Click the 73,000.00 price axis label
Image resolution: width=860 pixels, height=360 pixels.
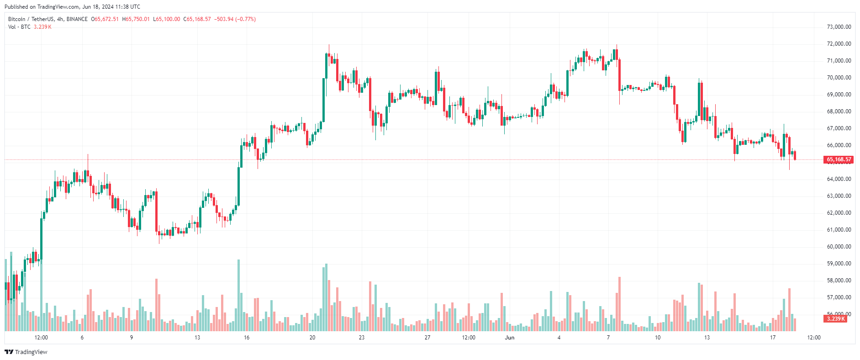839,27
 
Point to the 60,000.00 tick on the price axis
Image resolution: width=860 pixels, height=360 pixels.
839,247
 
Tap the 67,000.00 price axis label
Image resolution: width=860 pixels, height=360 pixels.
839,128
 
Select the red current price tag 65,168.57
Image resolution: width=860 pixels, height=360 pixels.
839,159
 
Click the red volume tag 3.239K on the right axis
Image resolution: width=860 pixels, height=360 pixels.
835,319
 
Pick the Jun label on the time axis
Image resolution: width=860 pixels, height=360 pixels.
510,338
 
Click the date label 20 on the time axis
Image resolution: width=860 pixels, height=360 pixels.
312,338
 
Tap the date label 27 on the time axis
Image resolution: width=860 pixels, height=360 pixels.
427,338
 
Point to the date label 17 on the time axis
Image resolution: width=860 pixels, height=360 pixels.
773,338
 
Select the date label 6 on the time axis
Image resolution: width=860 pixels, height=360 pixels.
82,338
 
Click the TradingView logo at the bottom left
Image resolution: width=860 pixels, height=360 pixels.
26,352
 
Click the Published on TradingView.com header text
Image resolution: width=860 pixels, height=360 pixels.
72,7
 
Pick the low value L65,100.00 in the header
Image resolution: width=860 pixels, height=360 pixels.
167,19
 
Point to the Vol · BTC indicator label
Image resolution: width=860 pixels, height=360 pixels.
19,27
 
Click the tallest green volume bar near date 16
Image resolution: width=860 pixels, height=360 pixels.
238,295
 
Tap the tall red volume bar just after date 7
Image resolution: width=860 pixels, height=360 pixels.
619,304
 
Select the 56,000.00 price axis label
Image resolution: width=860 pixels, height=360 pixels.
839,314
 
